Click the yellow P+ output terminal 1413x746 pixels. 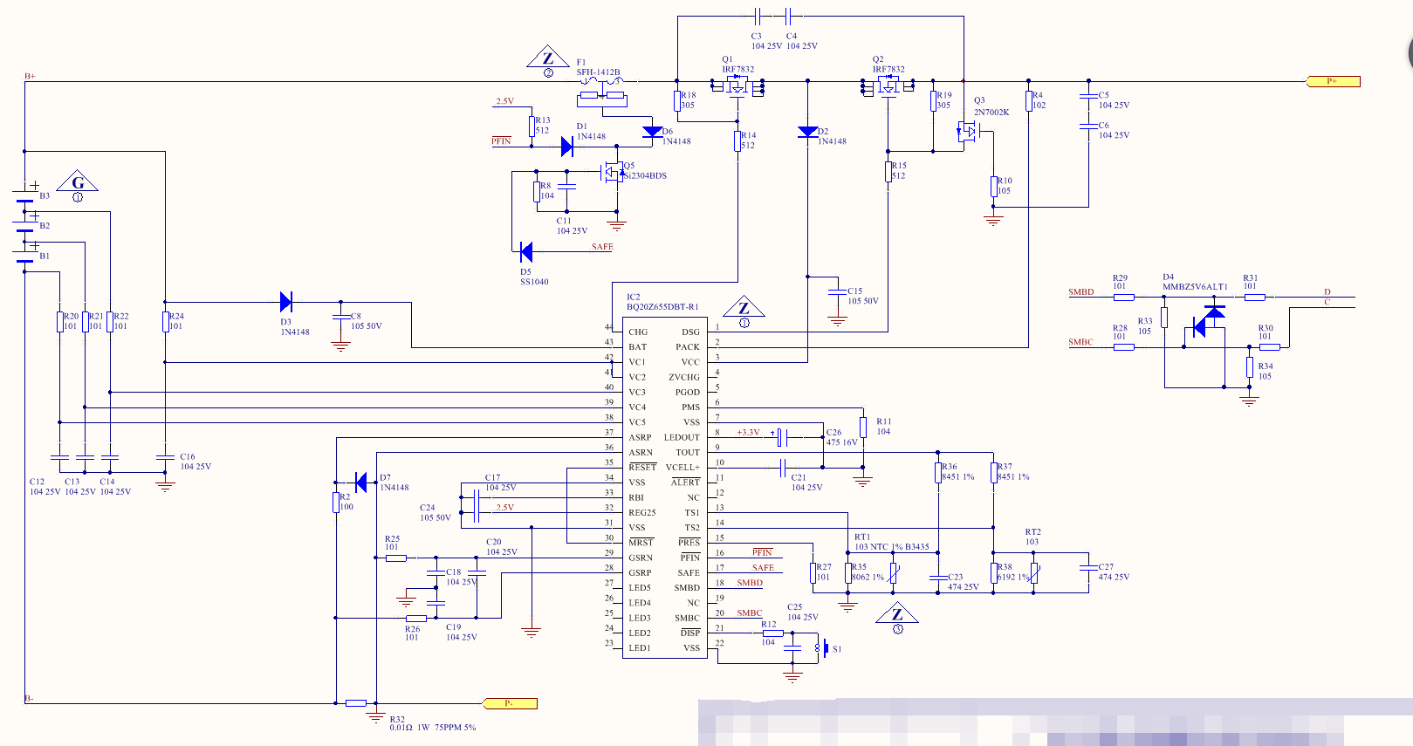tap(1333, 81)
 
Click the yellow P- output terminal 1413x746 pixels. tap(510, 703)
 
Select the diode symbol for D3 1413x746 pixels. tap(285, 302)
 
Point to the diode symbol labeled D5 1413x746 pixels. tap(525, 252)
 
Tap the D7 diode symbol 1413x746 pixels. tap(361, 481)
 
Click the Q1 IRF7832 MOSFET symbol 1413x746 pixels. tap(738, 86)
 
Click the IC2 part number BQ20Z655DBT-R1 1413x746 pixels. tap(662, 307)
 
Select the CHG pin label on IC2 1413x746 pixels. tap(638, 332)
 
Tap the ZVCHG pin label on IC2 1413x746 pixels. tap(684, 378)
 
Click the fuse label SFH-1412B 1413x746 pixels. tap(598, 72)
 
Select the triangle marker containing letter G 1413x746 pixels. tap(78, 183)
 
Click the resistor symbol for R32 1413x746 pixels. tap(355, 703)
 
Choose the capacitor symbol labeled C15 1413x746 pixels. tap(837, 291)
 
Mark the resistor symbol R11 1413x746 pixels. tap(863, 427)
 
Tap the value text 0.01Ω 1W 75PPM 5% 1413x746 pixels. tap(433, 728)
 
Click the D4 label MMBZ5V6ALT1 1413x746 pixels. tap(1195, 287)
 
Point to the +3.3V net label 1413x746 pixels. tap(748, 433)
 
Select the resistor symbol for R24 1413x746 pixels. tap(165, 322)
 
